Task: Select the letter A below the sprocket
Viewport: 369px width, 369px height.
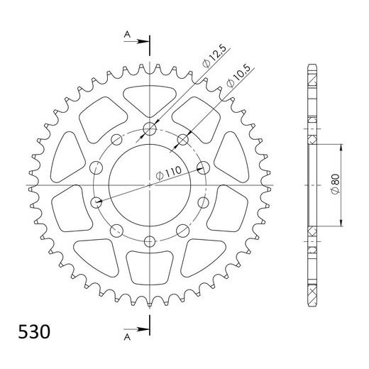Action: click(126, 329)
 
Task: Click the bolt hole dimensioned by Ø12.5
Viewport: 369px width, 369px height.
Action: click(150, 129)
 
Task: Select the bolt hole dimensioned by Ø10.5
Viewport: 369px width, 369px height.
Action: click(182, 139)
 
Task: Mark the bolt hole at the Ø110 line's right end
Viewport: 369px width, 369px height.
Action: click(203, 168)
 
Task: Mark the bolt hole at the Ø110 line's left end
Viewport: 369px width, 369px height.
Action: click(97, 202)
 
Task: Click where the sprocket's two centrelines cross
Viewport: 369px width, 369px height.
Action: click(150, 185)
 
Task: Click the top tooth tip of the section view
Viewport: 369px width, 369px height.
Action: click(312, 68)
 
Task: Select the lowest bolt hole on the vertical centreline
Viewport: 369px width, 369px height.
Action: click(150, 241)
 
